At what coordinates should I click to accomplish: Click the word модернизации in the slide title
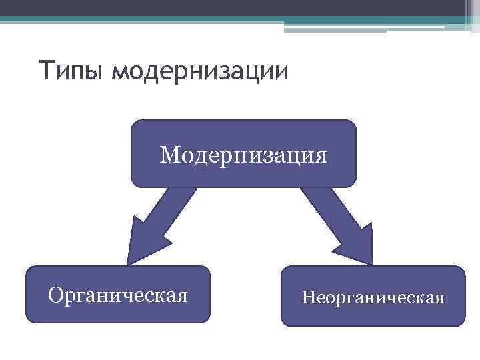click(201, 71)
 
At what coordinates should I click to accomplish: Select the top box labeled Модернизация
click(243, 153)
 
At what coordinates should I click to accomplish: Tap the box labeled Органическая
click(117, 295)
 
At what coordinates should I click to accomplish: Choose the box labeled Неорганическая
click(373, 296)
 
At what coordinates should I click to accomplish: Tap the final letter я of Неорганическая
click(439, 297)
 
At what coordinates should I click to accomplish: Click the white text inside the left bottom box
click(117, 295)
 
